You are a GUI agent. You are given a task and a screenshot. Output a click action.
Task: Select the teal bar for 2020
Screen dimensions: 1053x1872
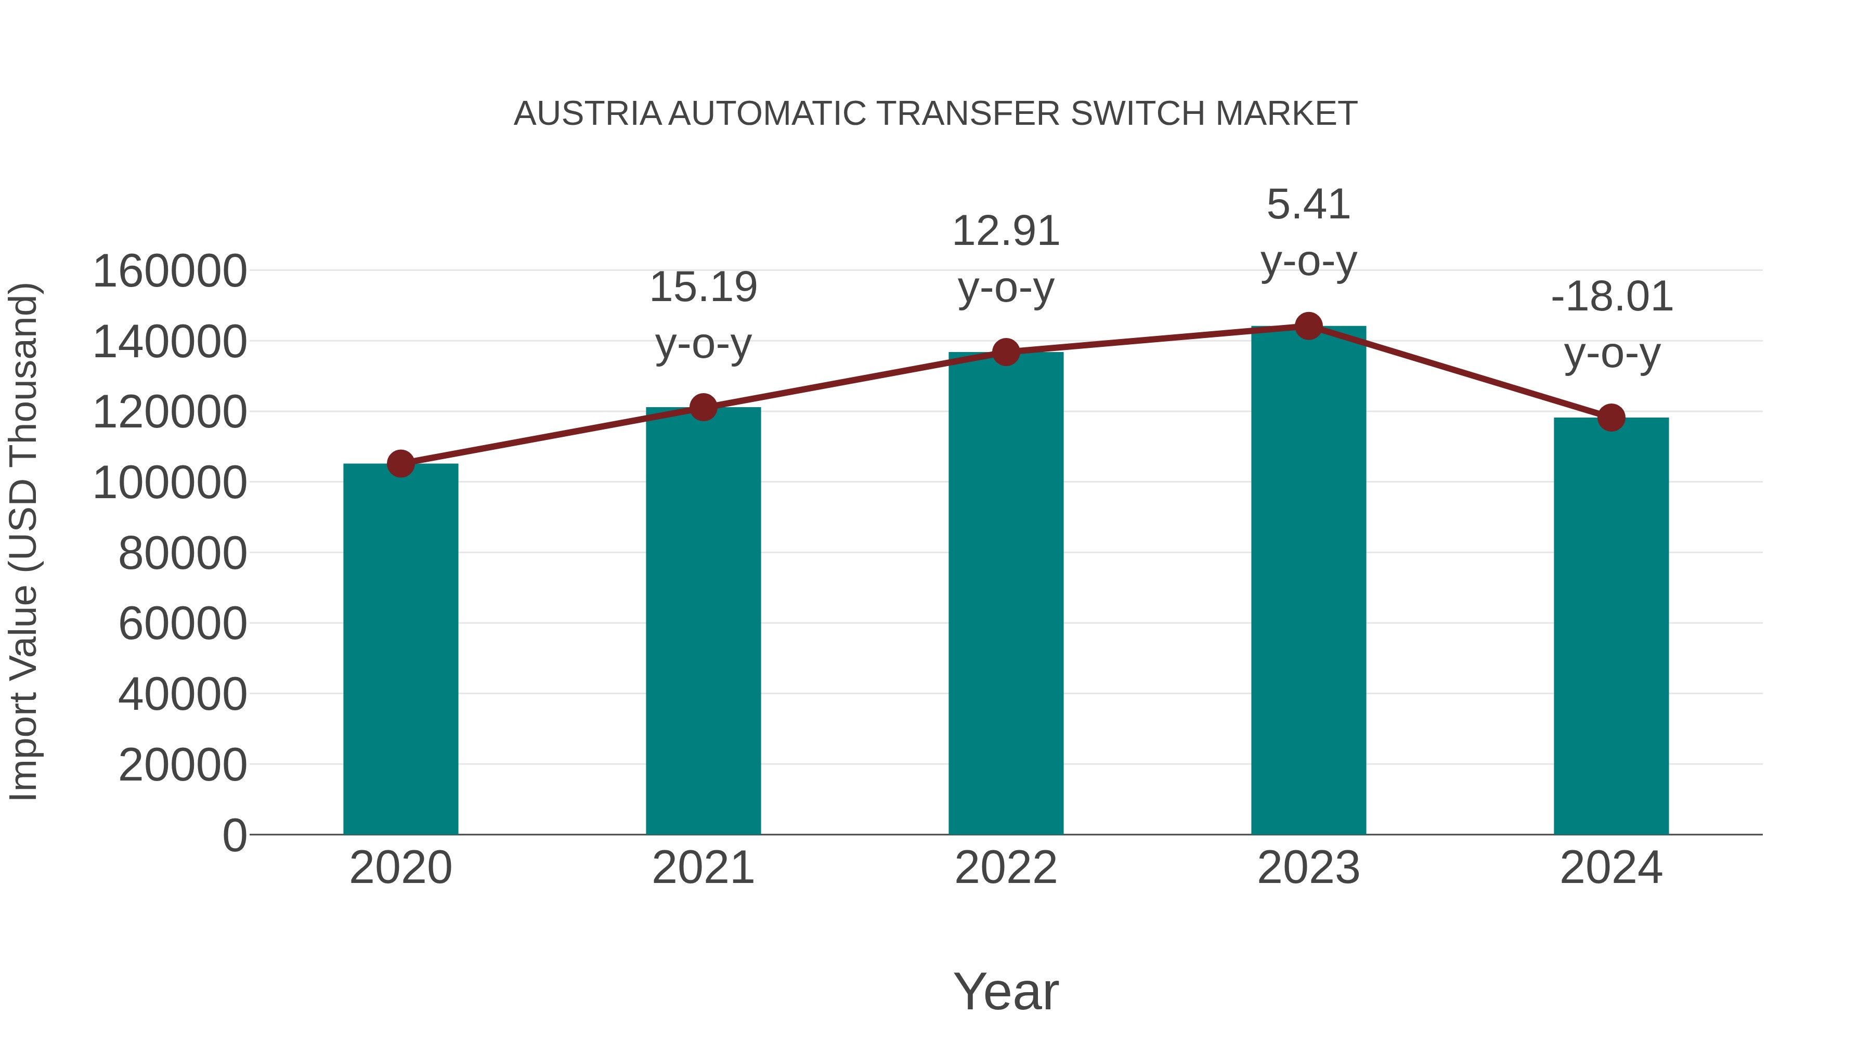point(400,648)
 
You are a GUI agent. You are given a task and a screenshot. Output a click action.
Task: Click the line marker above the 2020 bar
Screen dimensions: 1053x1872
point(400,463)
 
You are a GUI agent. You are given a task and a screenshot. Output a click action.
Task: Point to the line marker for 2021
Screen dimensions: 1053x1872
point(704,408)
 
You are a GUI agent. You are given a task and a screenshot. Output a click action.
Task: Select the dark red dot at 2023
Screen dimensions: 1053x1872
point(1308,326)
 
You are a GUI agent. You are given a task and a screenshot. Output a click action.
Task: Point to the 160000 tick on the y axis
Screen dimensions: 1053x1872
point(170,272)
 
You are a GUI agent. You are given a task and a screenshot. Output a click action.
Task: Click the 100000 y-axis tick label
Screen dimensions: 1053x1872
point(170,483)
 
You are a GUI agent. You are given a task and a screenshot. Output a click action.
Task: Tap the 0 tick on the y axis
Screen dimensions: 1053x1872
point(234,836)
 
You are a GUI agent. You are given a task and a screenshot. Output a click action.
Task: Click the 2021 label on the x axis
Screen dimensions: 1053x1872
point(704,868)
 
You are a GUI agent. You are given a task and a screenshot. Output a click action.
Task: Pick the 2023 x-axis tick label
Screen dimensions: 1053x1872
point(1308,868)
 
